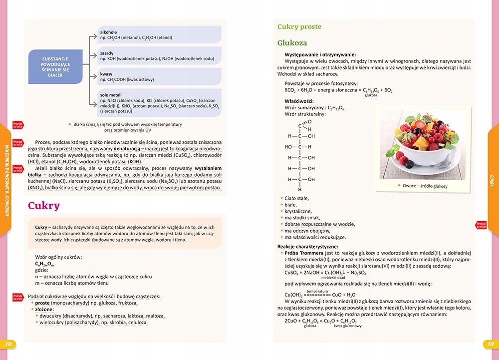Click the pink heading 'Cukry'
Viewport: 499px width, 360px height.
pos(44,206)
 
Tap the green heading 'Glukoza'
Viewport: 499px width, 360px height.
pos(292,43)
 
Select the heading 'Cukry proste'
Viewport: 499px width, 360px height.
pos(299,27)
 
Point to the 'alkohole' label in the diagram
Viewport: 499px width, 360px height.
pos(108,32)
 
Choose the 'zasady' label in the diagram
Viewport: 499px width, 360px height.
pos(107,53)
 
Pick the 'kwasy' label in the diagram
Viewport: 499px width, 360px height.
pos(106,74)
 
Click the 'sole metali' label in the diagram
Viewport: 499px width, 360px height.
pos(111,95)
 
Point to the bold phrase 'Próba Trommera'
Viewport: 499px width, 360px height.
pos(304,253)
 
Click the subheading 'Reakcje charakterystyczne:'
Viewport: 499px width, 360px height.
pos(308,247)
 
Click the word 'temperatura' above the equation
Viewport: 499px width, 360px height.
pos(317,291)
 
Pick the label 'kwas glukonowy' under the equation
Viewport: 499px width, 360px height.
pos(348,326)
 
